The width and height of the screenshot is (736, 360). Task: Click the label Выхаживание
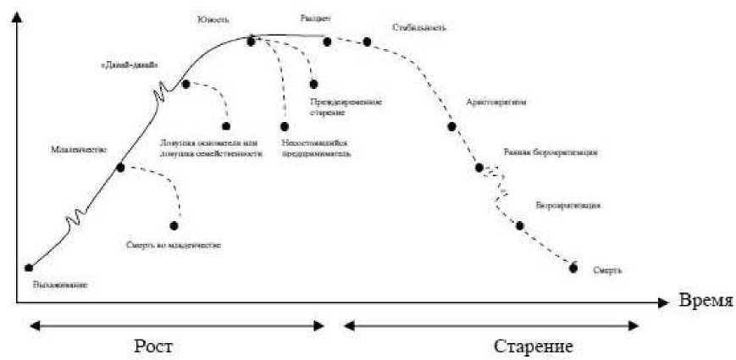(x=60, y=285)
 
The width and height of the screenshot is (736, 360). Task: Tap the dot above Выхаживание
(x=30, y=268)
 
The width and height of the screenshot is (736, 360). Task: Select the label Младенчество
(x=78, y=150)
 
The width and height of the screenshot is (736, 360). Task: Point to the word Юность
(x=213, y=19)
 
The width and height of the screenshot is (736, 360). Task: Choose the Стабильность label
(x=418, y=27)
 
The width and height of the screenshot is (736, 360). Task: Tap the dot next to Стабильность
(x=367, y=41)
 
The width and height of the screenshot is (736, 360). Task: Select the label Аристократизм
(x=496, y=102)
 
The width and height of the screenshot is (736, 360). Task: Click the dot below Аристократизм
(x=451, y=126)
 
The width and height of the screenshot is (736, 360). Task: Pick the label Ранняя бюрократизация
(x=551, y=153)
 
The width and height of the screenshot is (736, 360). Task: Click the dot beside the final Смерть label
(x=573, y=269)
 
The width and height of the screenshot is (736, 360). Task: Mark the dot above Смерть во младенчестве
(x=174, y=225)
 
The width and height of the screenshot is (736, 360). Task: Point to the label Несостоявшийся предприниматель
(x=316, y=149)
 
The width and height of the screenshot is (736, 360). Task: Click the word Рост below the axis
(x=157, y=347)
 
